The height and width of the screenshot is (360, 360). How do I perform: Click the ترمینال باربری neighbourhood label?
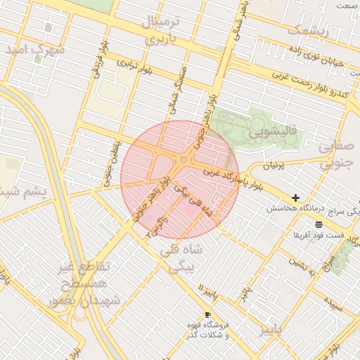[x=162, y=30]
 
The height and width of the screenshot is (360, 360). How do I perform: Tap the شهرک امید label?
[x=34, y=51]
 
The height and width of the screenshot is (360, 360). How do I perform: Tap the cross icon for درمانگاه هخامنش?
[x=295, y=198]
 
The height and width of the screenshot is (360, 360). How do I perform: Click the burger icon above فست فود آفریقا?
[x=319, y=224]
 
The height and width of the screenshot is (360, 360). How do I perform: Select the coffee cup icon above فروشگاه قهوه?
[x=207, y=314]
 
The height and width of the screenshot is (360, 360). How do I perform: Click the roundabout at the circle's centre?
[x=184, y=160]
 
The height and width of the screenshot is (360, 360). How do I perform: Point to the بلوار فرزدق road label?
[x=99, y=60]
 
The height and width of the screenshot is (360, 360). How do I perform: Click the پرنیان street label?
[x=275, y=166]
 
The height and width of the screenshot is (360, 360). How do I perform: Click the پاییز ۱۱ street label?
[x=210, y=290]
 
